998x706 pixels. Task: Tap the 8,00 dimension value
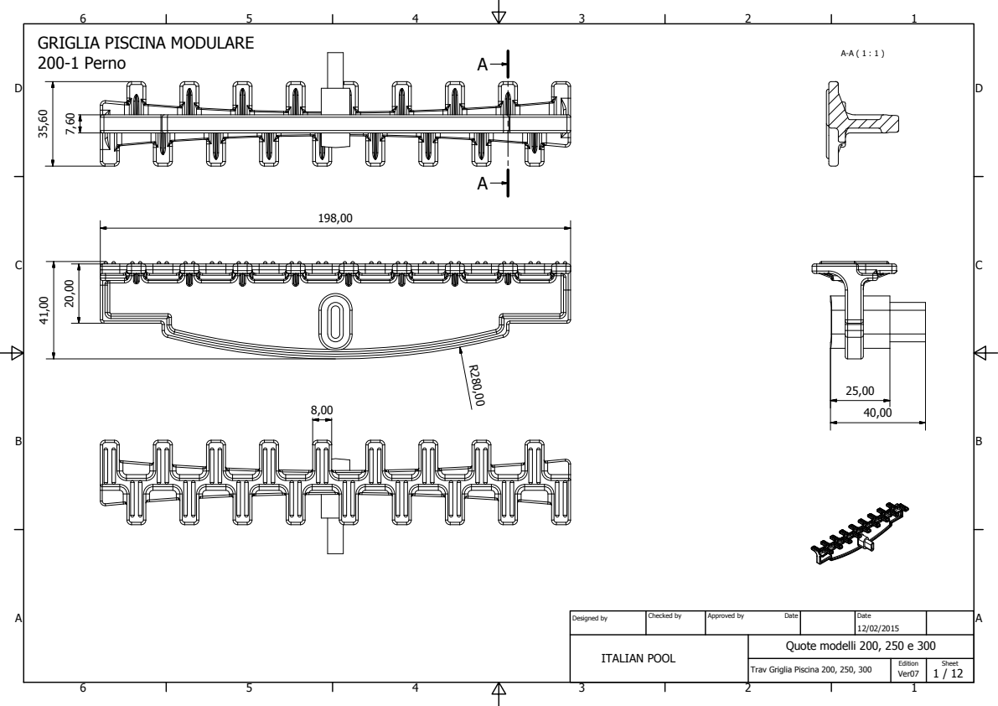point(322,410)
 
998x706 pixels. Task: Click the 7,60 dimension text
point(71,122)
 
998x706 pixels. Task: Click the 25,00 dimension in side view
point(860,392)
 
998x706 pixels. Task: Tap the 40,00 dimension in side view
point(878,412)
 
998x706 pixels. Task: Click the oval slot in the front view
point(334,320)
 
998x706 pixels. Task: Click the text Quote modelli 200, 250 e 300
point(861,646)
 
